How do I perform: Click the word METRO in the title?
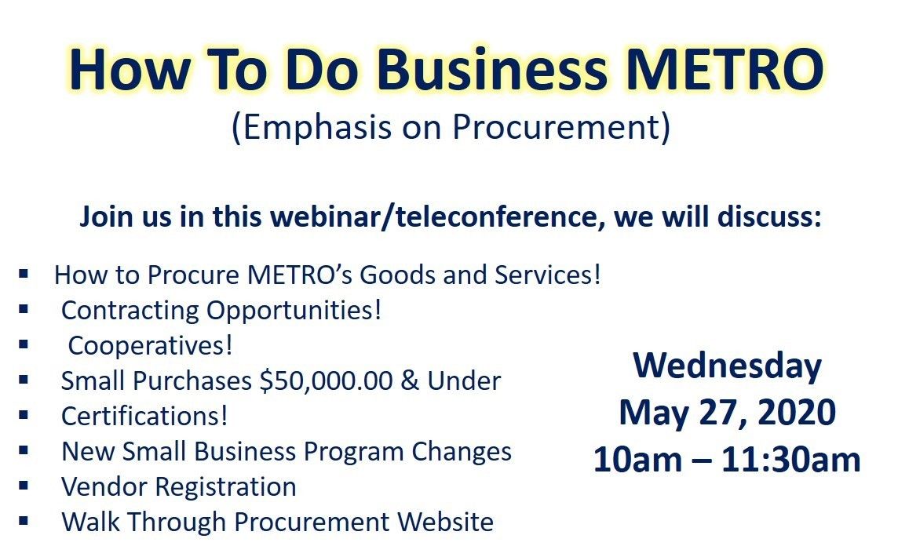coord(725,69)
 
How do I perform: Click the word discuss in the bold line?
coord(768,217)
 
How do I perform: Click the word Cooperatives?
coord(150,346)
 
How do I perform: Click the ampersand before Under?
coord(410,381)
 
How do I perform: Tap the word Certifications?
coord(144,416)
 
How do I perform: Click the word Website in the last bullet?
coord(446,522)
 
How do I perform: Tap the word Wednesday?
coord(728,367)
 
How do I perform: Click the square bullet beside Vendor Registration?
coord(24,486)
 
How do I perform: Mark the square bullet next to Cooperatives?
coord(24,344)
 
